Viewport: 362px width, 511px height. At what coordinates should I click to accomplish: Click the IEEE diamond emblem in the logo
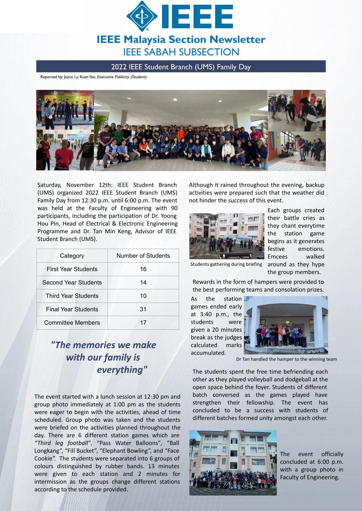tap(142, 16)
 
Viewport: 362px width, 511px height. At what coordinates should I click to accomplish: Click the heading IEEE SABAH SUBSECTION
tap(181, 52)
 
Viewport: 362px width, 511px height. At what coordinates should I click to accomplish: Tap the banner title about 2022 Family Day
tap(181, 67)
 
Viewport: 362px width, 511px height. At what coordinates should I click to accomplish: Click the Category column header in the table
tap(72, 256)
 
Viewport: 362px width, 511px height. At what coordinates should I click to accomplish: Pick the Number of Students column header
tap(143, 256)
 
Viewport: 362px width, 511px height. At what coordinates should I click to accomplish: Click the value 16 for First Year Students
tap(143, 269)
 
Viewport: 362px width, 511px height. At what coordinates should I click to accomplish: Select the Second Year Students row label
tap(72, 283)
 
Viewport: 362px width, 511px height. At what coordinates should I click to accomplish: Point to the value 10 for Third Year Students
tap(143, 296)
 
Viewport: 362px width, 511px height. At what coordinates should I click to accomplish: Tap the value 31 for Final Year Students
tap(143, 309)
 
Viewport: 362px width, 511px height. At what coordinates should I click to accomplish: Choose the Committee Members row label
tap(72, 323)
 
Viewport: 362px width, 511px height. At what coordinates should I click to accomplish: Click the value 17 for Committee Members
tap(143, 323)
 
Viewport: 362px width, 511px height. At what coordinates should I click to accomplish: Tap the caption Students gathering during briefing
tap(226, 264)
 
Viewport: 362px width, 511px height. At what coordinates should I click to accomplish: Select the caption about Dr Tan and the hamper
tap(286, 359)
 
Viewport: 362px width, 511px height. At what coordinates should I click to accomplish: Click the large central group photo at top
tap(181, 130)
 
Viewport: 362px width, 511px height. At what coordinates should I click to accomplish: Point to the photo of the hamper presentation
tap(286, 325)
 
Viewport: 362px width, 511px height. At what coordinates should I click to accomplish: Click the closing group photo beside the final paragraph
tap(233, 463)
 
